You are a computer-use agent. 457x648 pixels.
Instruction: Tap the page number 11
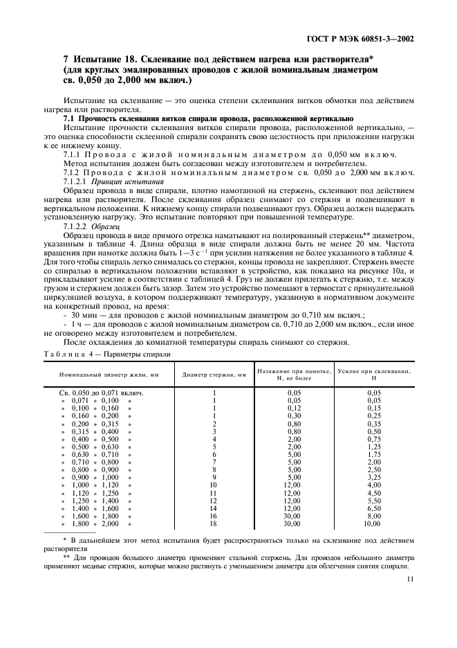(x=411, y=580)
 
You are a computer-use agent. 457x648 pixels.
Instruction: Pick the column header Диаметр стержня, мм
(x=214, y=375)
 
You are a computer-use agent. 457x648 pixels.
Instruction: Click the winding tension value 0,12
(x=294, y=408)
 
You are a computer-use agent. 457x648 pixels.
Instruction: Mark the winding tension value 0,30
(x=294, y=416)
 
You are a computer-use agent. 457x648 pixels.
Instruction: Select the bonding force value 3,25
(x=374, y=477)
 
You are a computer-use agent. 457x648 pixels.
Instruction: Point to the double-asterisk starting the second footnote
(x=67, y=555)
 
